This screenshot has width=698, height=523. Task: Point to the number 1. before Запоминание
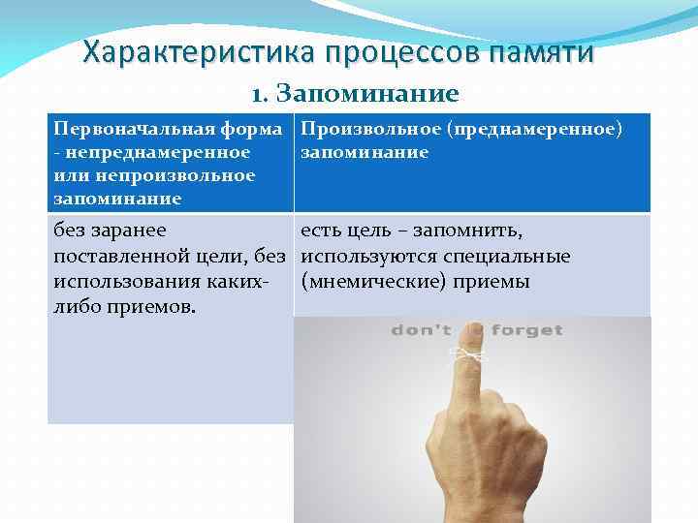click(259, 94)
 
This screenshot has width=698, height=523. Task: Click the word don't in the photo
click(421, 331)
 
